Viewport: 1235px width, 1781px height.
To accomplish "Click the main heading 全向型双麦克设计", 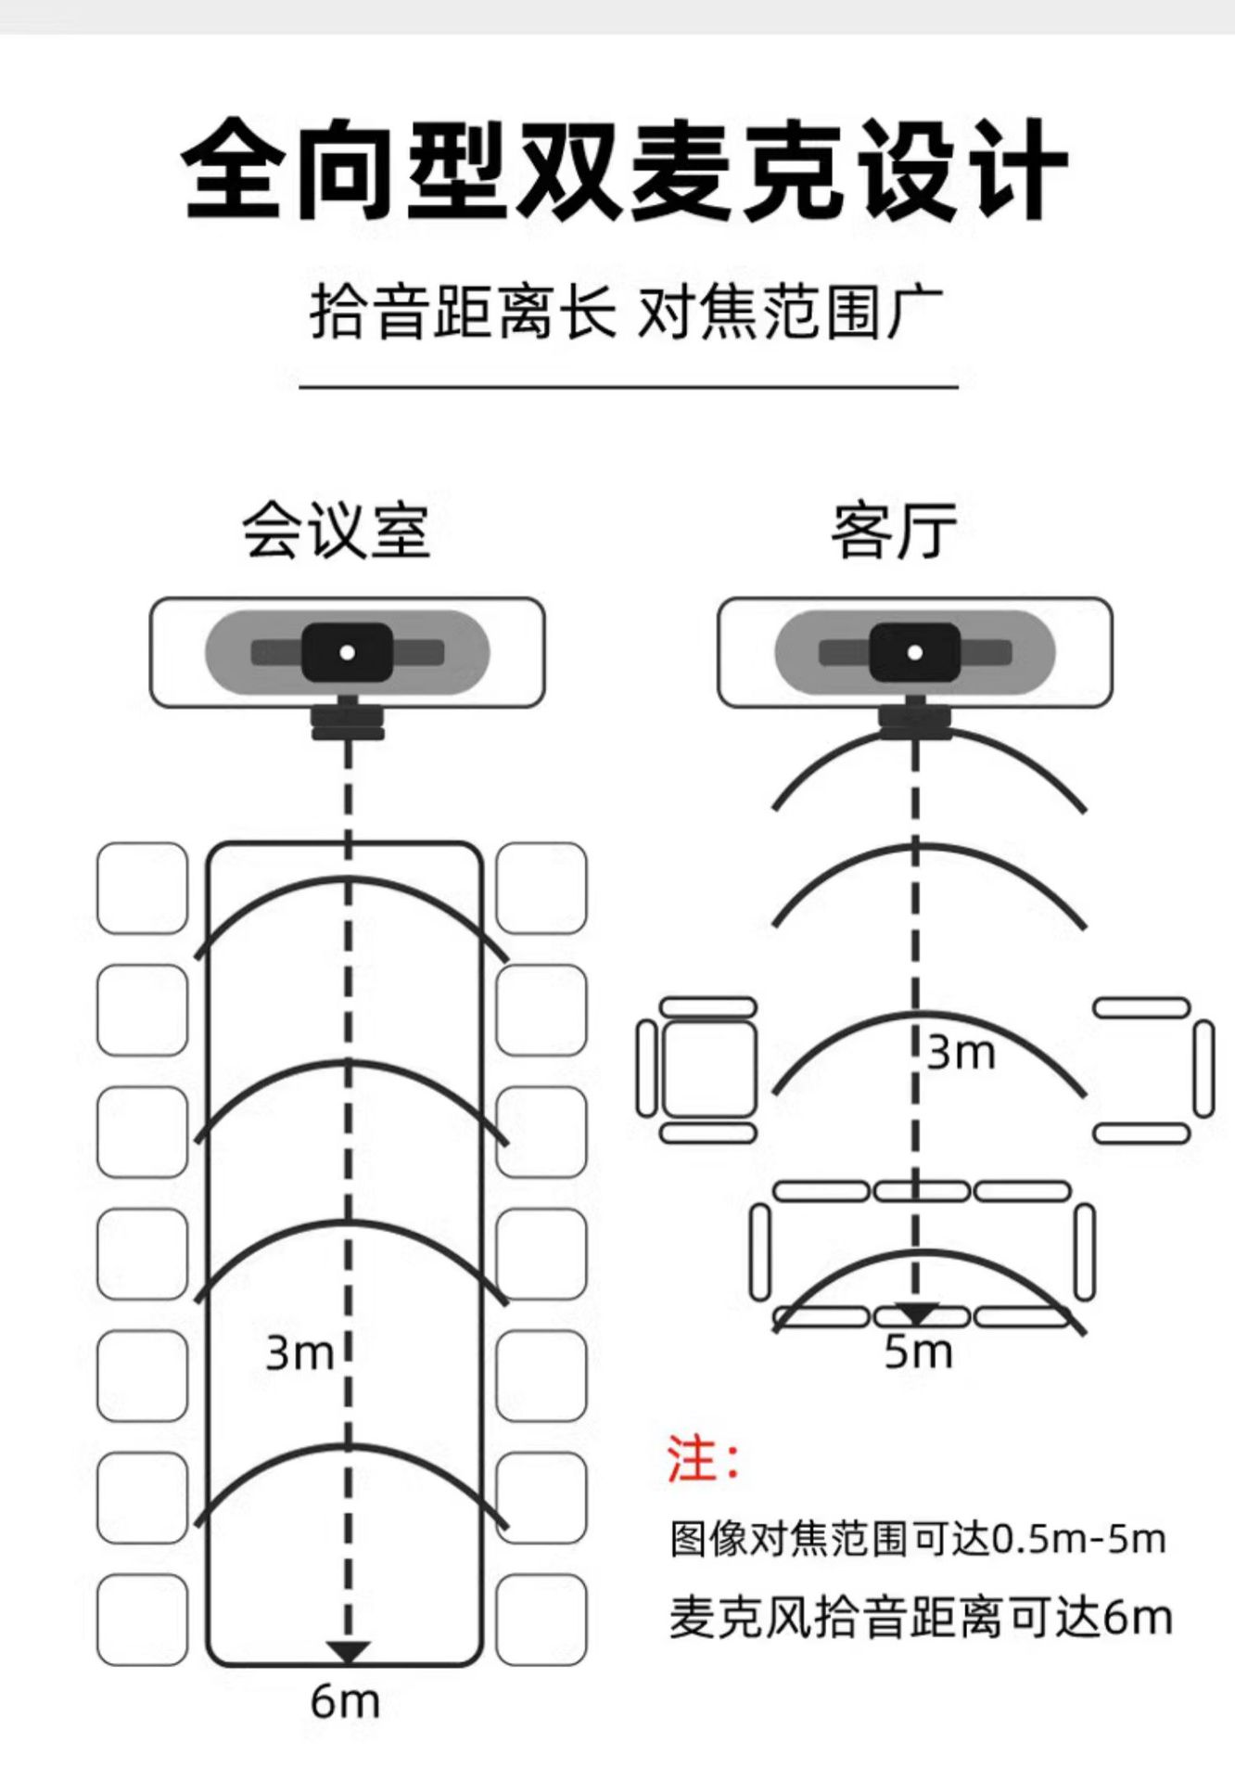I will (x=623, y=170).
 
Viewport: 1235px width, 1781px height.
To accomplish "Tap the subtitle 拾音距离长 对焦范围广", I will (x=627, y=312).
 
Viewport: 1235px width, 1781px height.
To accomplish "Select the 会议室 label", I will (x=337, y=532).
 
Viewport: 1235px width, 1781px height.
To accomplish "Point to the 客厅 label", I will (x=894, y=532).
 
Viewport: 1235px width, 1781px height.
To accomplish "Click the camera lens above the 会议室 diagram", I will (x=348, y=652).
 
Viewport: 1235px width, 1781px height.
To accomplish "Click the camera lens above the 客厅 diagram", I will (x=915, y=652).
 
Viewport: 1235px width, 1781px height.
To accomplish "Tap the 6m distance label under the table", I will (x=345, y=1701).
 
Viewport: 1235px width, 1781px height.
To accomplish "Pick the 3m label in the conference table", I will (x=299, y=1353).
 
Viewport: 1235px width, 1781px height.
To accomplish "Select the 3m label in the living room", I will (x=961, y=1053).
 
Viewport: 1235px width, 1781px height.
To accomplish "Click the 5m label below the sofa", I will (x=918, y=1352).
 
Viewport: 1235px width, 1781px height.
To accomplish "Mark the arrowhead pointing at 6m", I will (x=349, y=1652).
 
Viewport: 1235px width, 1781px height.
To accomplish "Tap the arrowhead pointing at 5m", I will (x=916, y=1313).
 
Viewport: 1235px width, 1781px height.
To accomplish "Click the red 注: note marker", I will (x=703, y=1460).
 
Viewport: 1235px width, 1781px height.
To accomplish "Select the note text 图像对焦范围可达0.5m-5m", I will (x=917, y=1539).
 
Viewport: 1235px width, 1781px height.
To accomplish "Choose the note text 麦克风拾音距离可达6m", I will (x=920, y=1618).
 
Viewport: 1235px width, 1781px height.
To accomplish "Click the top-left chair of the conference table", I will (x=142, y=888).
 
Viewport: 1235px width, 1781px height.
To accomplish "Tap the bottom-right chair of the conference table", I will (x=541, y=1619).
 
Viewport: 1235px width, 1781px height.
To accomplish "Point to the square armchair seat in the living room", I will (x=709, y=1069).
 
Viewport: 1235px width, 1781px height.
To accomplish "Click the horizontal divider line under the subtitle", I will (x=628, y=386).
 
